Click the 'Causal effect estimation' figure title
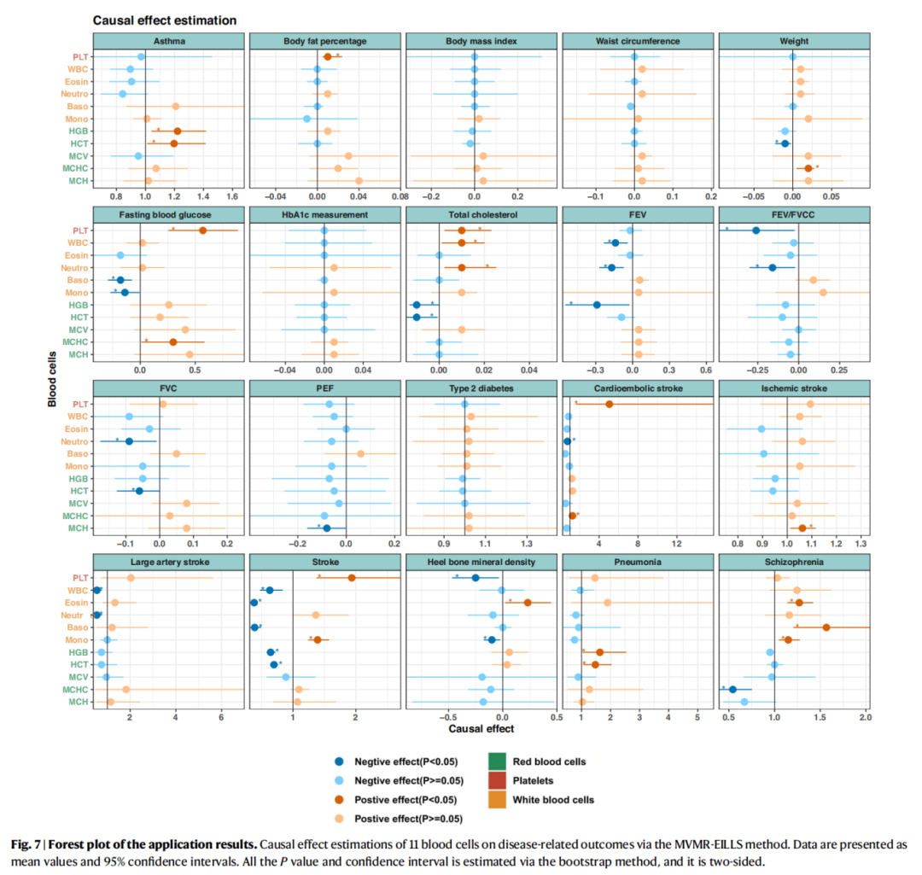[164, 19]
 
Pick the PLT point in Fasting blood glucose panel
[202, 230]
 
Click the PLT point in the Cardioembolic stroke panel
[610, 404]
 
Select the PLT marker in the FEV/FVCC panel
[756, 230]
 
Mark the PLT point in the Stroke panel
[352, 578]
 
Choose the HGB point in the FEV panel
[597, 305]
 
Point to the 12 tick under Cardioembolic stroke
[677, 543]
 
